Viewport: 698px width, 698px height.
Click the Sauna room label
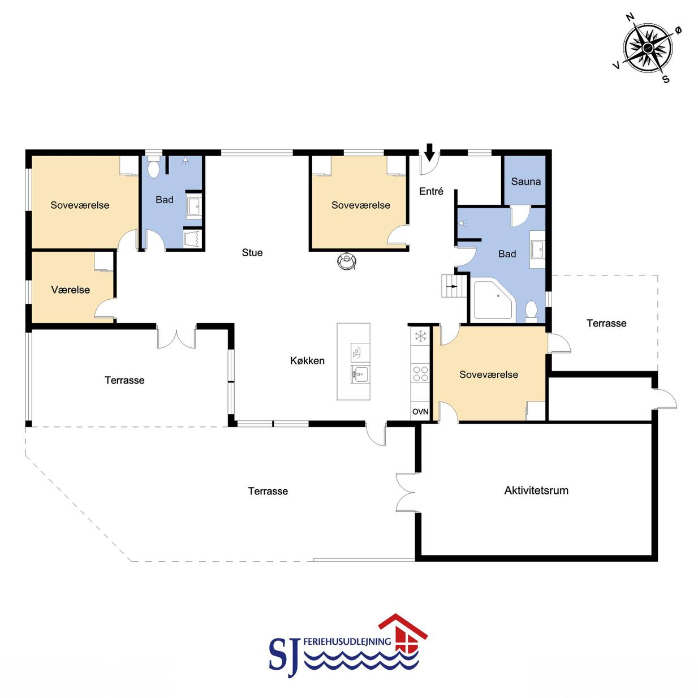click(525, 182)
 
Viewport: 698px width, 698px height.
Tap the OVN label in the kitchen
click(420, 411)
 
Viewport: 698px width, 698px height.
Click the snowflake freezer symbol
click(420, 336)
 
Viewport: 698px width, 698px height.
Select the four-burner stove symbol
click(420, 373)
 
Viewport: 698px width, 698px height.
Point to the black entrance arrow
click(429, 152)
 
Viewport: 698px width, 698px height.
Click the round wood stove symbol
click(347, 260)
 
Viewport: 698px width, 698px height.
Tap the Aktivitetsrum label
click(536, 490)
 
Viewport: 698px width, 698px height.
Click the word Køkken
click(307, 360)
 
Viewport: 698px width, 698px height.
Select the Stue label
click(252, 252)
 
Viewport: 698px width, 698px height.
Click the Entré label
click(431, 191)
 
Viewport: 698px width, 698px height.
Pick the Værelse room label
click(71, 290)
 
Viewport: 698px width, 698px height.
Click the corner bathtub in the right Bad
click(494, 300)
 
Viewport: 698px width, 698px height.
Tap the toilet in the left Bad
click(154, 167)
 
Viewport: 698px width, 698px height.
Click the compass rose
click(648, 48)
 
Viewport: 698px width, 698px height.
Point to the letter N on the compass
click(630, 17)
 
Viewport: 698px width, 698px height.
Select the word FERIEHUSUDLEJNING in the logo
click(347, 641)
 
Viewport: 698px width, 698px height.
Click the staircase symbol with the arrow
click(454, 286)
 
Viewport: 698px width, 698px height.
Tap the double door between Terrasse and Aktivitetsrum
click(406, 493)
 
